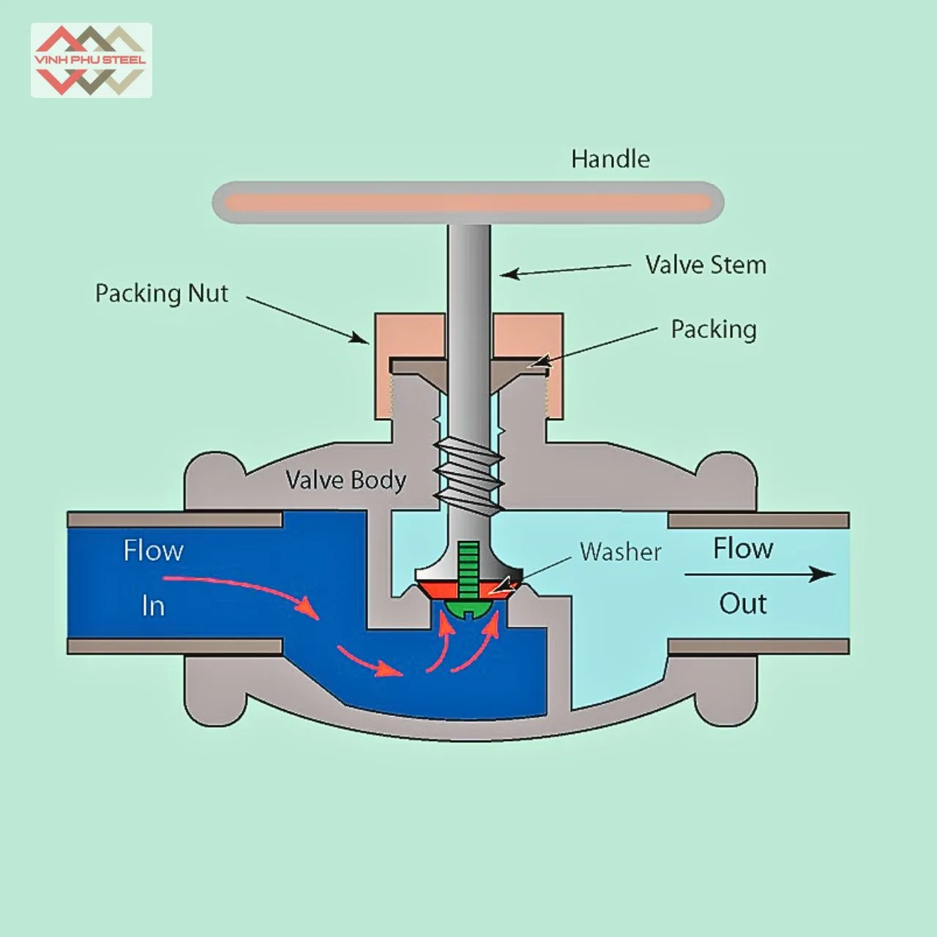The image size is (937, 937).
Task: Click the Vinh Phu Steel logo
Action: click(91, 60)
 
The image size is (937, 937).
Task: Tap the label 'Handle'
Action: click(610, 159)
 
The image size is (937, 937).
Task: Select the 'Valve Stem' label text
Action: click(705, 264)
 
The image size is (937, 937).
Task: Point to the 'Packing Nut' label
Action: click(162, 294)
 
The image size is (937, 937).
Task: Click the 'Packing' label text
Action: click(713, 329)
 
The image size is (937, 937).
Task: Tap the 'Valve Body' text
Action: click(346, 480)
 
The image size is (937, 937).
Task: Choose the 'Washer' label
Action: click(620, 551)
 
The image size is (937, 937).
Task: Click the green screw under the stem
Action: click(468, 578)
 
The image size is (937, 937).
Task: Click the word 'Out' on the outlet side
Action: click(742, 604)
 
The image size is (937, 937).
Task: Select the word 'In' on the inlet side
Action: click(153, 606)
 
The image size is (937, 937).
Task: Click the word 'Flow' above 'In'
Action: click(153, 550)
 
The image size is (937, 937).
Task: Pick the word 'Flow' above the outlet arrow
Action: click(742, 548)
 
